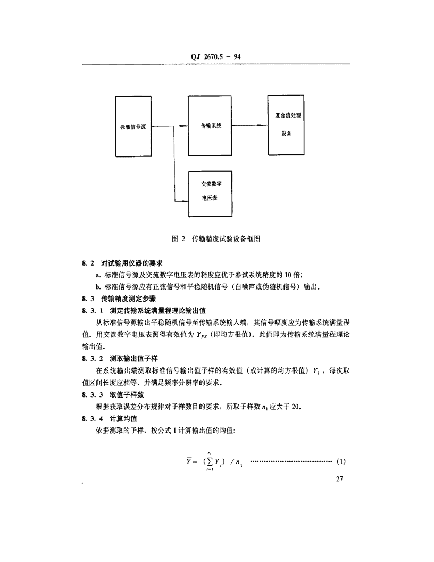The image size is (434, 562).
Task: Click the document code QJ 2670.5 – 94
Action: pos(215,56)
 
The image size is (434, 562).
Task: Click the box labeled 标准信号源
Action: pos(133,126)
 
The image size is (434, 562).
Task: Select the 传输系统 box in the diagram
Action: pos(210,126)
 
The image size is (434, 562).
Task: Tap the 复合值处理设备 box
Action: pos(286,125)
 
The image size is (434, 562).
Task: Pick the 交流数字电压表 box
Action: pos(210,194)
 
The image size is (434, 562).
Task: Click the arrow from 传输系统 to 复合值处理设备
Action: pos(249,125)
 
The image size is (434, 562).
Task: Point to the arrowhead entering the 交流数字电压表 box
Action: pos(185,201)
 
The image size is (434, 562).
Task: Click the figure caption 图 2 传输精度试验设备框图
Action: pos(216,239)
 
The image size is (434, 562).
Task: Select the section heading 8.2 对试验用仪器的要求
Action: pos(122,263)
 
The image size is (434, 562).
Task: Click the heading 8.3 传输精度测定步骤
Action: pos(119,299)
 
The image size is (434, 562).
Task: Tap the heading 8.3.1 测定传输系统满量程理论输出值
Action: pos(144,311)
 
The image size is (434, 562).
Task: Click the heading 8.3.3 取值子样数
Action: pos(113,394)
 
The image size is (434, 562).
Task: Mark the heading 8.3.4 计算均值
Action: pos(110,419)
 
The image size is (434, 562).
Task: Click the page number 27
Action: pos(339,479)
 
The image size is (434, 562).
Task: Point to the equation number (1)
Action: pos(341,461)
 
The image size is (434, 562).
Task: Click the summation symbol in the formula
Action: pos(210,461)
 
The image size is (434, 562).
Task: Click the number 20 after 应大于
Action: pos(295,407)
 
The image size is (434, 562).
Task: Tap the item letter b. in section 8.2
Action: pos(98,287)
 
